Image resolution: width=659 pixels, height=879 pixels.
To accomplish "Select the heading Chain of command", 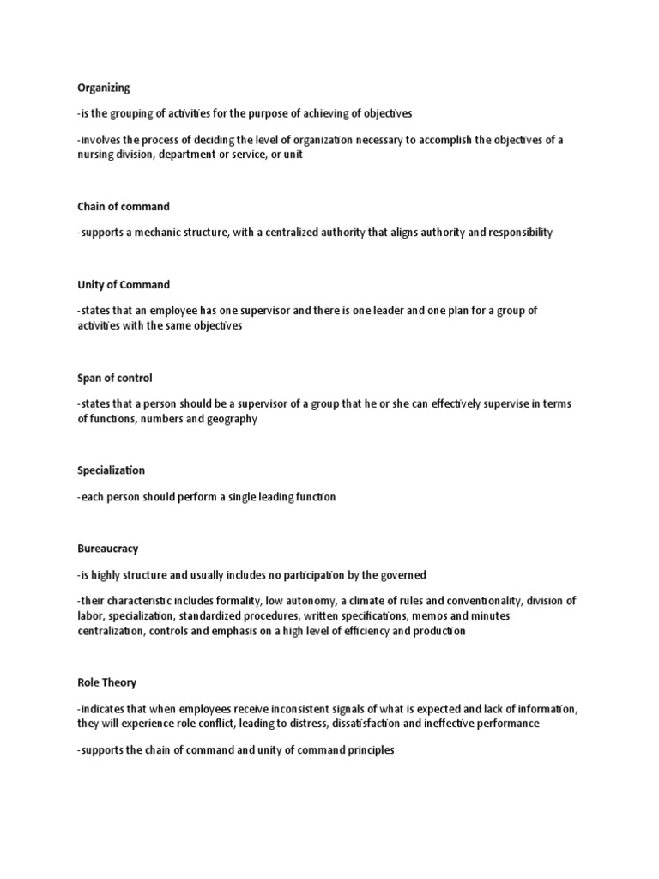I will pos(123,207).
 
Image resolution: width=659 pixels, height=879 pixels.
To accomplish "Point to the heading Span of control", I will pos(114,378).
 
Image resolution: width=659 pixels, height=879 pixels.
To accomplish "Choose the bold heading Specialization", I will pos(111,470).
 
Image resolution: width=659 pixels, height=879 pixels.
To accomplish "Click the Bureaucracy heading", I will pos(107,548).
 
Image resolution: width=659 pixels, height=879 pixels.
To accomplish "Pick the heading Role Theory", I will pos(106,682).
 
